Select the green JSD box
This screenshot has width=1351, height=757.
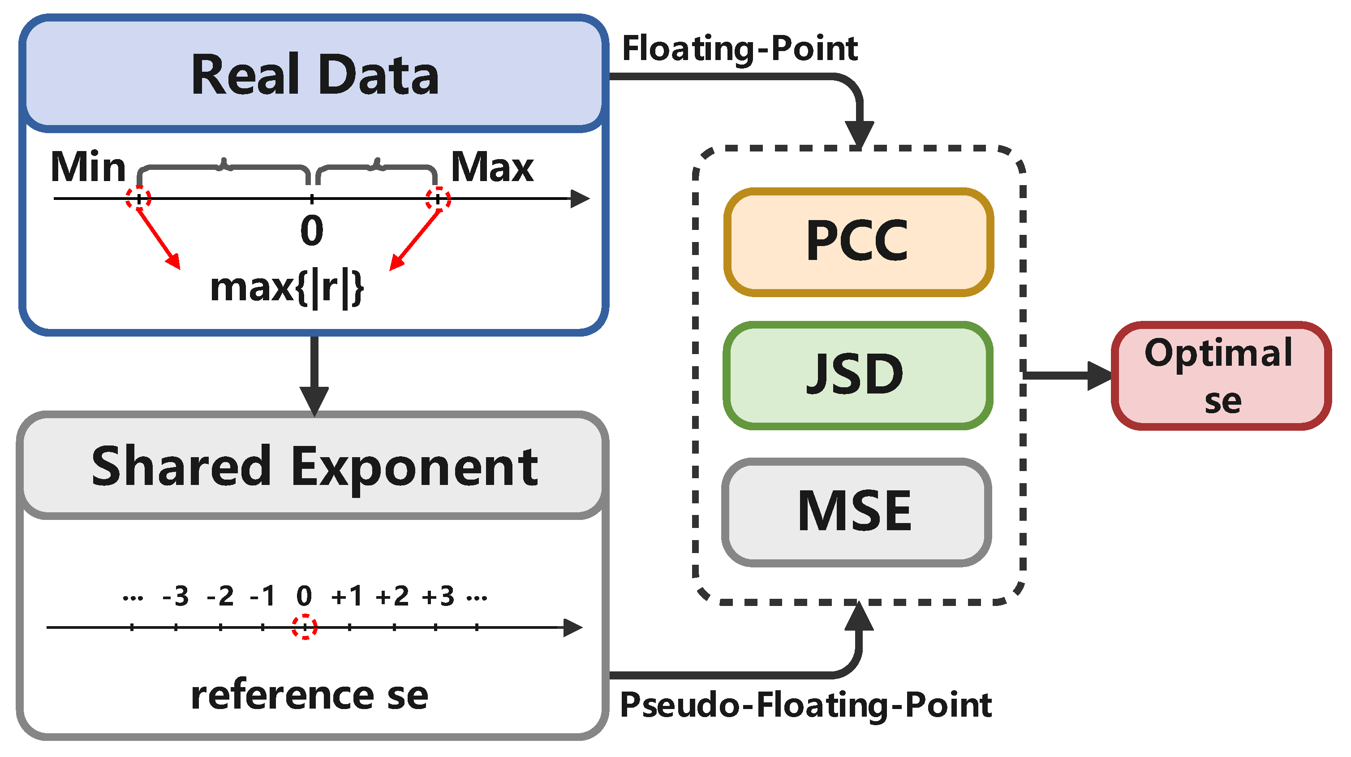coord(858,376)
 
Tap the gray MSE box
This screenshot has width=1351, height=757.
coord(856,512)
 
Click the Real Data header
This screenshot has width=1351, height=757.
coord(314,75)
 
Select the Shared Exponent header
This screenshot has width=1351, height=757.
coord(314,466)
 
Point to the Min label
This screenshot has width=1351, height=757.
coord(88,167)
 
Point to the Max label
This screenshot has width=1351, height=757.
coord(492,167)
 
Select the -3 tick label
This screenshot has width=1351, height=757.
coord(176,596)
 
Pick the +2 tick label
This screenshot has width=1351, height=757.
coord(392,596)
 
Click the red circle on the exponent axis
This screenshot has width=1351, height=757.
coord(305,627)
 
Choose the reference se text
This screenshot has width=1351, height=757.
coord(310,695)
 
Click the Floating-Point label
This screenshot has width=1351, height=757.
coord(740,48)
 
